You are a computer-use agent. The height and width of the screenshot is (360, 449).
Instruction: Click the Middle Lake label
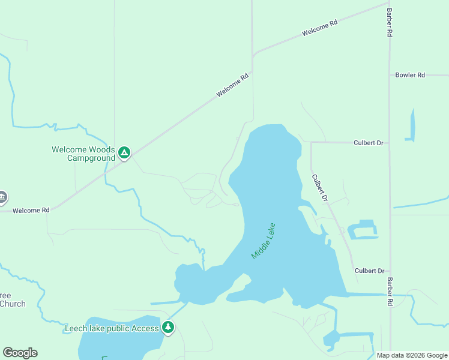click(264, 241)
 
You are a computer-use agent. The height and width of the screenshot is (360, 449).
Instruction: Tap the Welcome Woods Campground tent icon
click(124, 153)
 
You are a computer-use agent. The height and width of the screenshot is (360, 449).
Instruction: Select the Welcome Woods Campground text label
click(83, 154)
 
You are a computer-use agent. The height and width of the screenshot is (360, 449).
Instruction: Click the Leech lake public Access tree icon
click(169, 328)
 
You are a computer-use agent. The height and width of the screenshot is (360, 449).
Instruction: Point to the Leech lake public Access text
click(112, 328)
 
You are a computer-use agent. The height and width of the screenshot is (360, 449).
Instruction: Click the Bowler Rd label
click(410, 75)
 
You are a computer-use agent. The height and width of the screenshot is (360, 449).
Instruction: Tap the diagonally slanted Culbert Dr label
click(319, 188)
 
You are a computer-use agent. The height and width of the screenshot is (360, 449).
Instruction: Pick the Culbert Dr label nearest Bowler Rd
click(369, 143)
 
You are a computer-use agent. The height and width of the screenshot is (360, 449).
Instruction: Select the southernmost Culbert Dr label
click(369, 271)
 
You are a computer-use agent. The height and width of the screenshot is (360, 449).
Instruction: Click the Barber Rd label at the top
click(390, 23)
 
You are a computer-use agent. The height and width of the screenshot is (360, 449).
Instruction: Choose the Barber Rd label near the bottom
click(390, 293)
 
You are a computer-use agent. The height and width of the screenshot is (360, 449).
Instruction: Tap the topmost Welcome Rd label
click(320, 28)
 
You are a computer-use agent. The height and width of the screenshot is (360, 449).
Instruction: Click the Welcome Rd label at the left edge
click(31, 211)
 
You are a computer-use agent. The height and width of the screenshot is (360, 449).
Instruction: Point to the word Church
click(13, 304)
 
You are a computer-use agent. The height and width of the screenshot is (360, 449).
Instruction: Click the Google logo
click(20, 353)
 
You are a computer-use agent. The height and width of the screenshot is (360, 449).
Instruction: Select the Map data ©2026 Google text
click(412, 355)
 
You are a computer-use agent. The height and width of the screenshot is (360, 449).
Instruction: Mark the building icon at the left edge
click(2, 197)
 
